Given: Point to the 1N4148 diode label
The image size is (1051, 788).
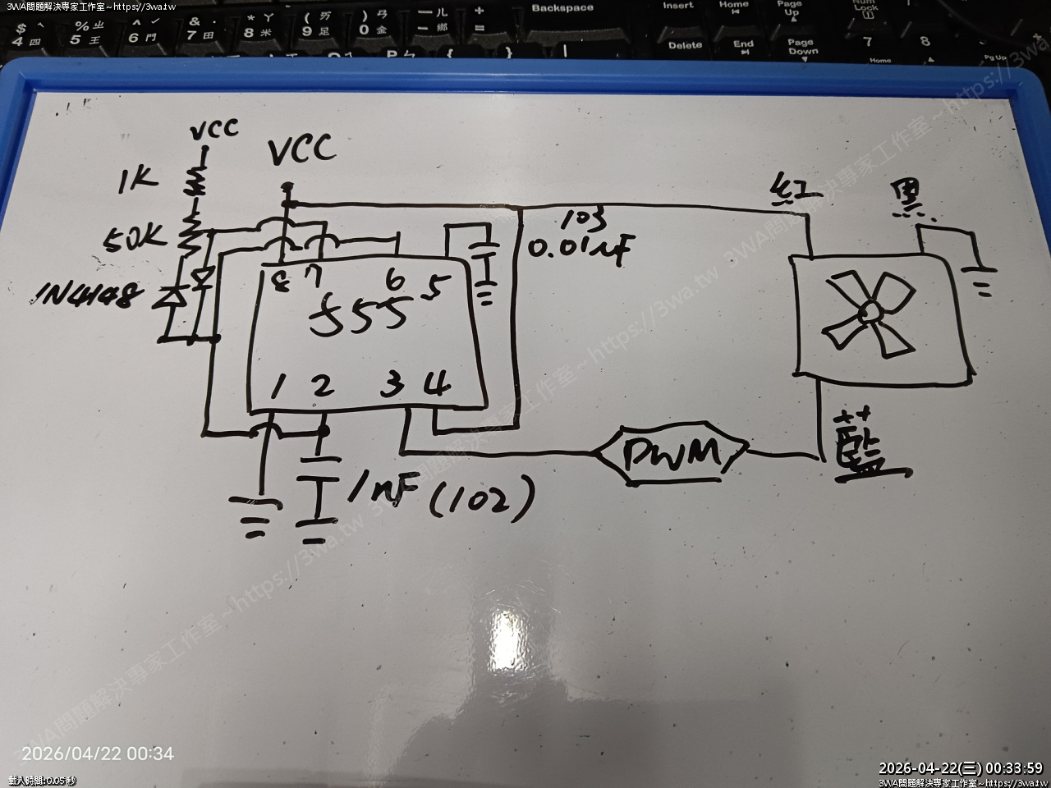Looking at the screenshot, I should (x=85, y=296).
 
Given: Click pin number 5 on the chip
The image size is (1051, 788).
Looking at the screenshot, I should (x=436, y=287).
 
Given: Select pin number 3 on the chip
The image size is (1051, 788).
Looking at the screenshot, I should (x=392, y=384).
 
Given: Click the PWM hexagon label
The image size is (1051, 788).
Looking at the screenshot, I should (x=671, y=453).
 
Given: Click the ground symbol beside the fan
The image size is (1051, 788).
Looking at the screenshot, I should (x=982, y=279).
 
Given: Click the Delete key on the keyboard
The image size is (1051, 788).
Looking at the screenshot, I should (x=685, y=45).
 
